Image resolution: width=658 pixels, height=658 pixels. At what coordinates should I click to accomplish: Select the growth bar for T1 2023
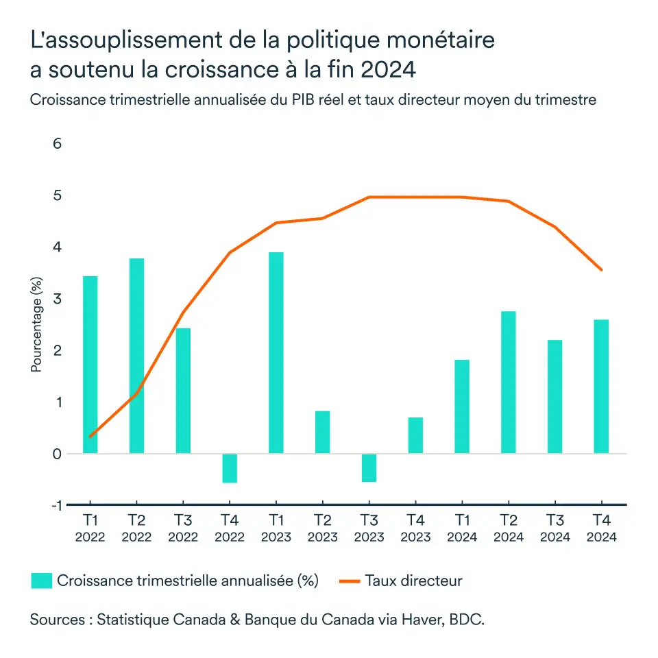point(276,352)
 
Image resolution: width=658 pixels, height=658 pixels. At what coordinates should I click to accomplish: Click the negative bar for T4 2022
point(230,468)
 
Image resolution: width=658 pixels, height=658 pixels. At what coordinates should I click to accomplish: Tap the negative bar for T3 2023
point(369,467)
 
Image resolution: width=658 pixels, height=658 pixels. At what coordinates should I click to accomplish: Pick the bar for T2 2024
point(508,382)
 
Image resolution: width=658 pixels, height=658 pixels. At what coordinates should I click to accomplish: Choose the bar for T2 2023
point(322,432)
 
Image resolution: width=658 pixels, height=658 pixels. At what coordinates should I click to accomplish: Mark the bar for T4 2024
point(601,386)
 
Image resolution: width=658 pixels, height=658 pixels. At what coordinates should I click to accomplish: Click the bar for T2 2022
point(136,355)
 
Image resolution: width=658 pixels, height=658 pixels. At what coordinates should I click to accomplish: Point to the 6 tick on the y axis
point(58,144)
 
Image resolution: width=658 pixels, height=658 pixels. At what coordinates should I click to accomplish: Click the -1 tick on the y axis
point(56,505)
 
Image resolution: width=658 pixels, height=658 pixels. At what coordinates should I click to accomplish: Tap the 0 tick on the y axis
point(58,454)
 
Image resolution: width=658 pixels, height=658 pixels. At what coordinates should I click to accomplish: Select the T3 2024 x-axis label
point(555,528)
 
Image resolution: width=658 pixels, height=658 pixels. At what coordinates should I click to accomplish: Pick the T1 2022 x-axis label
point(90,528)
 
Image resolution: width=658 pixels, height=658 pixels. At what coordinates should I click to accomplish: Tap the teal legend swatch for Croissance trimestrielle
point(41,581)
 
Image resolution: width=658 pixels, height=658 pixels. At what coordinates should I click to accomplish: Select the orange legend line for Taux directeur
point(349,581)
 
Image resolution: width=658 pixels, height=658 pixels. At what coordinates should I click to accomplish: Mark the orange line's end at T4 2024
point(601,269)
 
